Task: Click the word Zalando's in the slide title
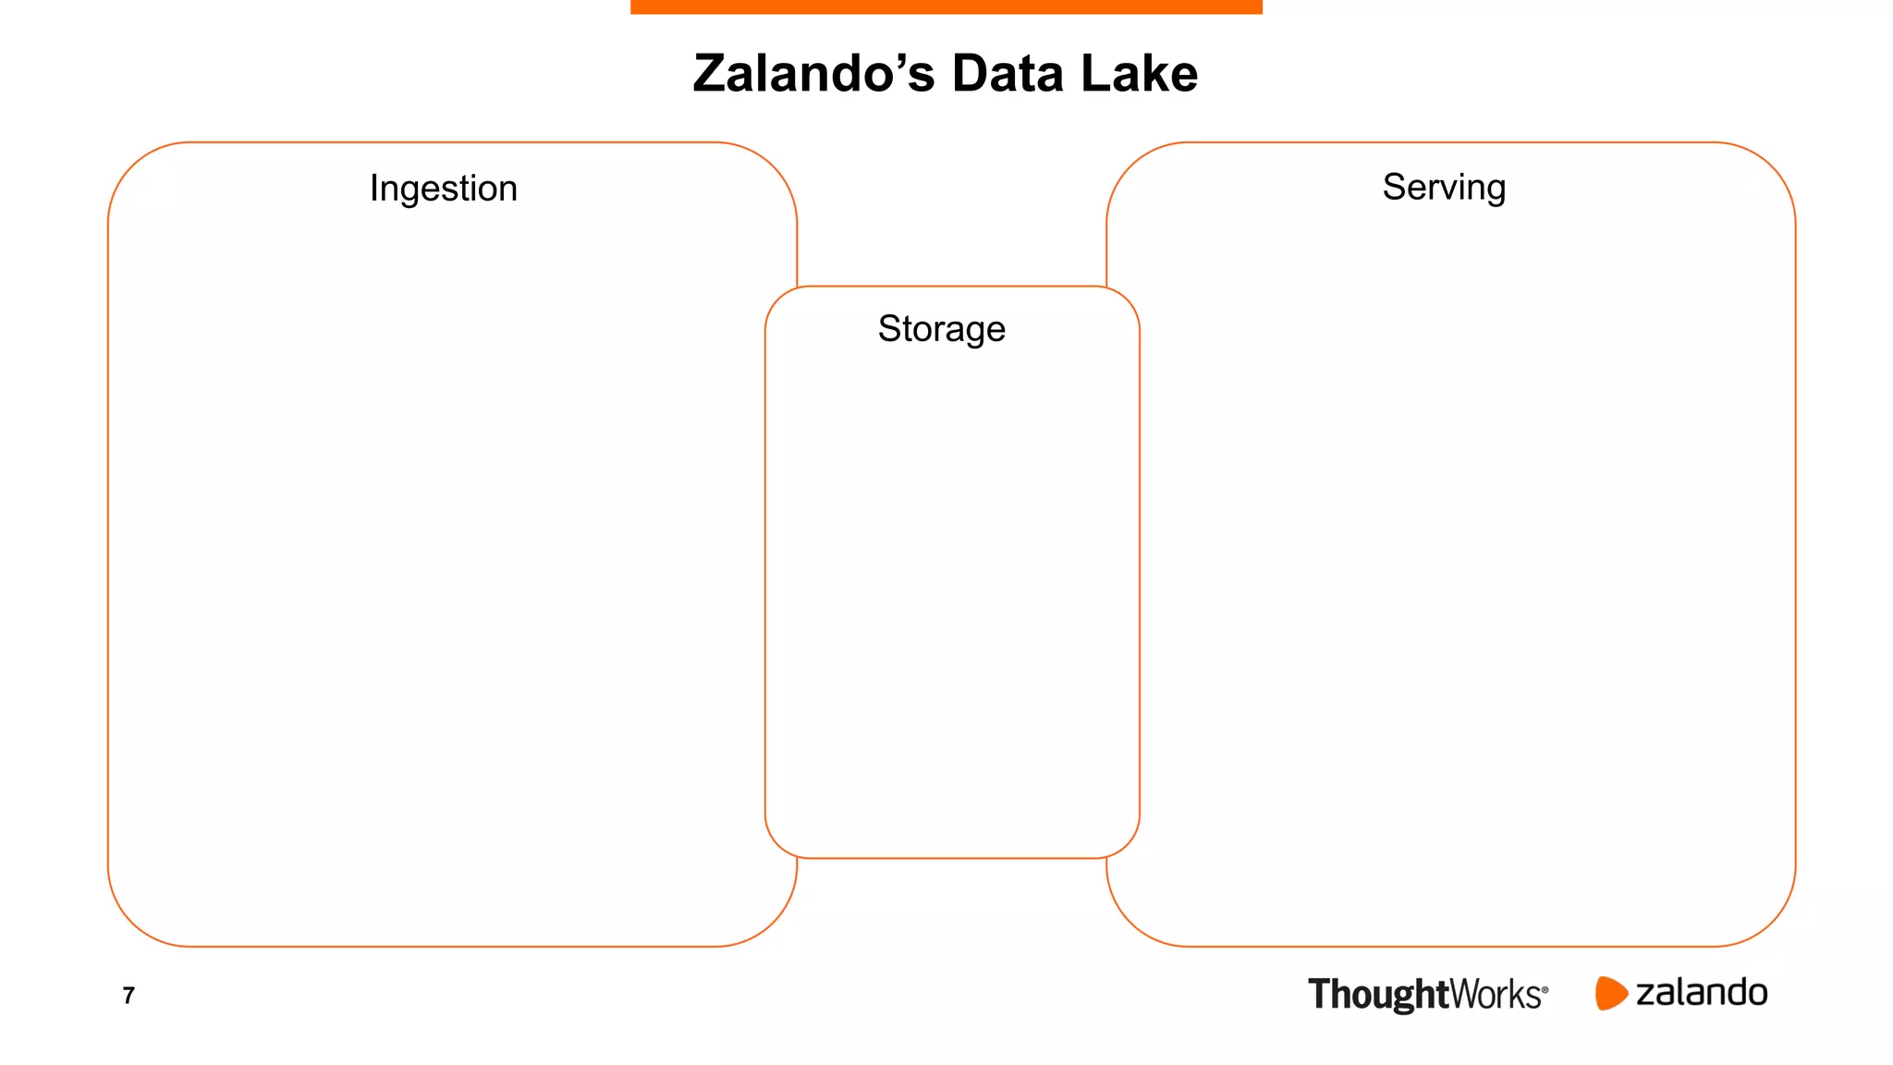tap(814, 74)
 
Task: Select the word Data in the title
tap(1008, 74)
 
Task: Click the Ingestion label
tap(444, 189)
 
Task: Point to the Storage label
tap(941, 329)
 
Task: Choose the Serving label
tap(1444, 188)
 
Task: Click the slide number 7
tap(128, 996)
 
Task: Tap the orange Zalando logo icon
tap(1610, 993)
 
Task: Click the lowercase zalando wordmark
tap(1702, 993)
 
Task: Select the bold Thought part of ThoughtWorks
tap(1377, 995)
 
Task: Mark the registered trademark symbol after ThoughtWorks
tap(1545, 989)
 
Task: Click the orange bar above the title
tap(946, 6)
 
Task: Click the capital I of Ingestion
tap(373, 188)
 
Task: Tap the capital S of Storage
tap(888, 329)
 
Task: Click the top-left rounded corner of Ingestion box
tap(133, 167)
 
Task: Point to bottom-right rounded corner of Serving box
tap(1771, 922)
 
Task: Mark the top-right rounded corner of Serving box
tap(1771, 167)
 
